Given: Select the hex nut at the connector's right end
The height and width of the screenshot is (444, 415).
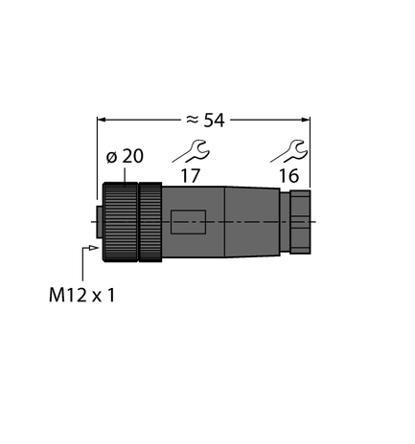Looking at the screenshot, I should pyautogui.click(x=296, y=222).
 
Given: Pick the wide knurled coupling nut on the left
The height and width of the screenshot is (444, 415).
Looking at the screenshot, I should pyautogui.click(x=120, y=222).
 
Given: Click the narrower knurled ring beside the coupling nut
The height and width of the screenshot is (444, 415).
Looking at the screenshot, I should pyautogui.click(x=150, y=222).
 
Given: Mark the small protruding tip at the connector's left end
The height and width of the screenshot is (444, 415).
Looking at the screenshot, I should pyautogui.click(x=96, y=222).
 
